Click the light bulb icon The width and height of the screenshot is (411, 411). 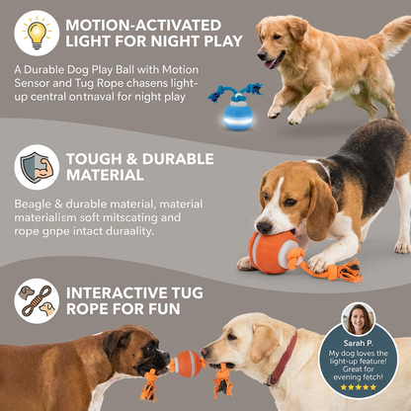pyautogui.click(x=37, y=33)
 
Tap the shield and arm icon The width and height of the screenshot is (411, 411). pyautogui.click(x=37, y=166)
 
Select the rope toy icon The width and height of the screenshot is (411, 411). pyautogui.click(x=37, y=299)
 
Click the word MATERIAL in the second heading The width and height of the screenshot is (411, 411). pyautogui.click(x=105, y=175)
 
